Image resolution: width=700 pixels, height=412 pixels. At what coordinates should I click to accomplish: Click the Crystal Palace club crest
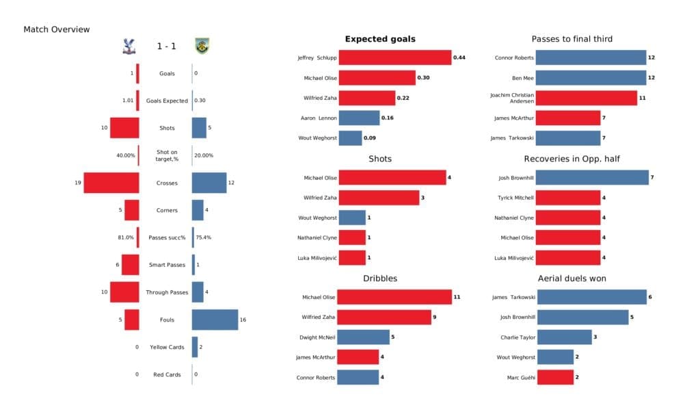127,47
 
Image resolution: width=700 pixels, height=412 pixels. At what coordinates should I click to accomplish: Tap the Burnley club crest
201,47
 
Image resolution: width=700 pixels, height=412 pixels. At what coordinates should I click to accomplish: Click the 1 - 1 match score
167,47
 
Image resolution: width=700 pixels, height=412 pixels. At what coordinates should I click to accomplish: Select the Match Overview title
57,29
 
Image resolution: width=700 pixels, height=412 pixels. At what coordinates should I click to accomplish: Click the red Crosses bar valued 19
111,183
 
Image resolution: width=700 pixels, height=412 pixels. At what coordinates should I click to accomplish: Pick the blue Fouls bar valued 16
215,320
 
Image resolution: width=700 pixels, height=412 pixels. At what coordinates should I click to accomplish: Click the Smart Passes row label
167,265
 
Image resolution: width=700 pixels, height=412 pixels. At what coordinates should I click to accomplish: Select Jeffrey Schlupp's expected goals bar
394,58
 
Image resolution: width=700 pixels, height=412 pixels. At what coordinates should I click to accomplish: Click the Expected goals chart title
380,39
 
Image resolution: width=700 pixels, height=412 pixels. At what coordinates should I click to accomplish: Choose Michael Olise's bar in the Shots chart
392,178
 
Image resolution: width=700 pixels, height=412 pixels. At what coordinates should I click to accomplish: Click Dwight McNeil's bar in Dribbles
364,337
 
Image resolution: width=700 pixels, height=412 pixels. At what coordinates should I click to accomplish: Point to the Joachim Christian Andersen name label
512,98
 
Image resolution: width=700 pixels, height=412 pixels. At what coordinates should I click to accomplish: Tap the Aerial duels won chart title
571,279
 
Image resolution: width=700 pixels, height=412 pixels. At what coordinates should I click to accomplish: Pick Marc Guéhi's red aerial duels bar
554,377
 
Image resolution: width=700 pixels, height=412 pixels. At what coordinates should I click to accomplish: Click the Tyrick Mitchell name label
515,198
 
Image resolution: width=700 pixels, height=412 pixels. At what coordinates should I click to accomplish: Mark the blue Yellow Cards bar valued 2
195,347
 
